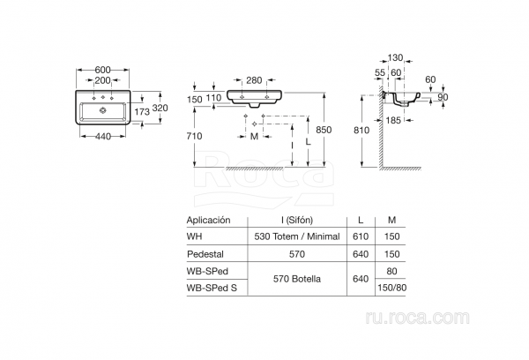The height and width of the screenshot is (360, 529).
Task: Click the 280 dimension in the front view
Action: coord(255,79)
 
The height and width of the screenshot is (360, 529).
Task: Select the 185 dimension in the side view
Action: coord(394,117)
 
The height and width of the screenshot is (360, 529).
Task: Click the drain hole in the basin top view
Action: coord(103,110)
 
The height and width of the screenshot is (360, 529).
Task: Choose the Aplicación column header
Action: coord(208,220)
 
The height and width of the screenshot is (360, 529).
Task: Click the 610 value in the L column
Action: coord(357,236)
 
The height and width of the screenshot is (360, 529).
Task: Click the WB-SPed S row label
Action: coord(212,287)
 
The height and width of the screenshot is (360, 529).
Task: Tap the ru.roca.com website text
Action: coord(468,315)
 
